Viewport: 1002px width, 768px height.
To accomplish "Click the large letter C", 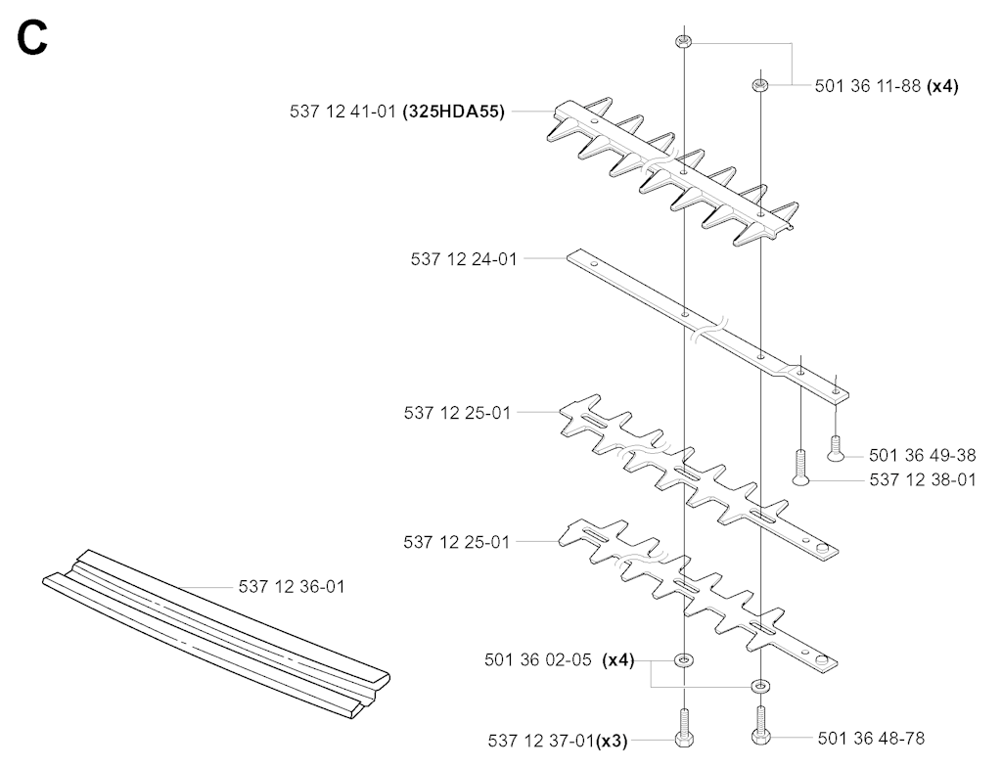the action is [x=32, y=38].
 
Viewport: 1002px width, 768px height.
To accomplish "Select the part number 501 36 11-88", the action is [x=867, y=86].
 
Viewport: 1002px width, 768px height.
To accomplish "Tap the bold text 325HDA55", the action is [x=454, y=112].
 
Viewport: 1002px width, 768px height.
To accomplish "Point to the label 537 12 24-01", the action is [x=463, y=259].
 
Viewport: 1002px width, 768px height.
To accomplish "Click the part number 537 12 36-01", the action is [x=292, y=587].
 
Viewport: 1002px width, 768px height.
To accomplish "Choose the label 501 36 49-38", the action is [x=922, y=455].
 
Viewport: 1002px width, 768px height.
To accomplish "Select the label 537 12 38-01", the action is [x=923, y=479].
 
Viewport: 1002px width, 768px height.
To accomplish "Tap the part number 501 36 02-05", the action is [x=537, y=659].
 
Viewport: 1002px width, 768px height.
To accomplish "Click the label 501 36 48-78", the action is [x=871, y=739].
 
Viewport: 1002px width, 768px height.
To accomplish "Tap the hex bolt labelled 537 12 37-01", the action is [x=684, y=729].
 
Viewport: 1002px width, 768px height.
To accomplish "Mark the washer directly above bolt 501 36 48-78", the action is [x=760, y=686].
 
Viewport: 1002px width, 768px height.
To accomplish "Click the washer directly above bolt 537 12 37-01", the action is [x=684, y=659].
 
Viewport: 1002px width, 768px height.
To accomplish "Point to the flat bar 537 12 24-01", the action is [x=708, y=327].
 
